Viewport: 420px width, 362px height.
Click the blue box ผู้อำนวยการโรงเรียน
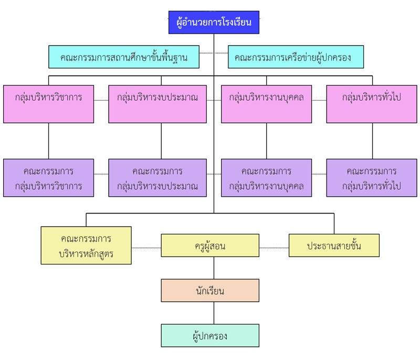(214, 23)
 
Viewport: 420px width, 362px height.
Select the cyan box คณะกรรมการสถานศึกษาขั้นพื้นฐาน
(124, 57)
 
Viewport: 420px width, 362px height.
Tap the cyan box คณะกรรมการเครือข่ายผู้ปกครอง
(296, 57)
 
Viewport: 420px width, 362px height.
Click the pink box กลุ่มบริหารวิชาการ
(48, 104)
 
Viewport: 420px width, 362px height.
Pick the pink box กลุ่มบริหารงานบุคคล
(266, 104)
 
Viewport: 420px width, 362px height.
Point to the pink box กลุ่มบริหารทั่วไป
(372, 104)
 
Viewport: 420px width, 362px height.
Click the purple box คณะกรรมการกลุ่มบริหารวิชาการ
(48, 178)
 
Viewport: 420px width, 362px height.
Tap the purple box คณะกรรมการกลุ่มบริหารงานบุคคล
(266, 178)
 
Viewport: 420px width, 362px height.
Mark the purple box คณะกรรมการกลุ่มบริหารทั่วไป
(372, 178)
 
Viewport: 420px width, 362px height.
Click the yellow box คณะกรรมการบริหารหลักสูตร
(86, 245)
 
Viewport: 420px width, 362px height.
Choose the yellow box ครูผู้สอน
(210, 245)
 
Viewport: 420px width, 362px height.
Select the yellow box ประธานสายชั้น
(334, 245)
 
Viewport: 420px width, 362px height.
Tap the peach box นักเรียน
(210, 290)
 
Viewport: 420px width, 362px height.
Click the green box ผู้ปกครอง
(210, 335)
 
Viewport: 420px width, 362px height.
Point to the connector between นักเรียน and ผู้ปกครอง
(214, 313)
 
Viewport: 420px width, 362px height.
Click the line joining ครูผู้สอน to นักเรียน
(214, 268)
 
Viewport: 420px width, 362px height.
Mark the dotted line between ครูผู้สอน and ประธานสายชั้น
(274, 247)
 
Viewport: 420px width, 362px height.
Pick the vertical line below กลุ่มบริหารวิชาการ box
(48, 141)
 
